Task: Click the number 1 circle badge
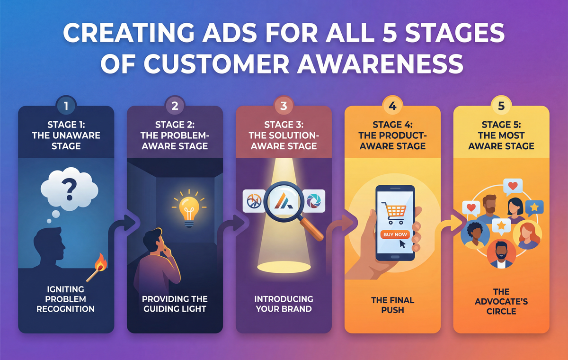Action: (x=66, y=106)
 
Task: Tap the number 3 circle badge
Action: (x=284, y=106)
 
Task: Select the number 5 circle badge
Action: (x=501, y=106)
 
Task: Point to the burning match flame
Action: (x=100, y=261)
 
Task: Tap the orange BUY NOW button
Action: (x=394, y=234)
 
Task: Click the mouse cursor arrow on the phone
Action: (x=402, y=244)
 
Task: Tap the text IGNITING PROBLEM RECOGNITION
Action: (x=66, y=299)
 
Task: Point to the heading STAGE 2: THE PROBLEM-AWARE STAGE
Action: (x=175, y=135)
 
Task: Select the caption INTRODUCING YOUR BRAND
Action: (x=284, y=304)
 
